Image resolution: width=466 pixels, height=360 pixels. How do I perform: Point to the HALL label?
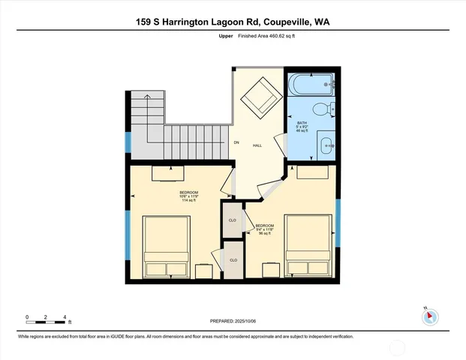pyautogui.click(x=257, y=145)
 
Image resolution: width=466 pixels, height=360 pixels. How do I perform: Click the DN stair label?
pyautogui.click(x=236, y=142)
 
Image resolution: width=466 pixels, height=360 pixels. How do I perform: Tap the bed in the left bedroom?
pyautogui.click(x=167, y=247)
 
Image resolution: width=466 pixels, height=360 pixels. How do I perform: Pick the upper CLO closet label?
pyautogui.click(x=233, y=220)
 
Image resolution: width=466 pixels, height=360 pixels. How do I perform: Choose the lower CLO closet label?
pyautogui.click(x=233, y=259)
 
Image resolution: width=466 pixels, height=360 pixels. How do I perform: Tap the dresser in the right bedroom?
pyautogui.click(x=312, y=172)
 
